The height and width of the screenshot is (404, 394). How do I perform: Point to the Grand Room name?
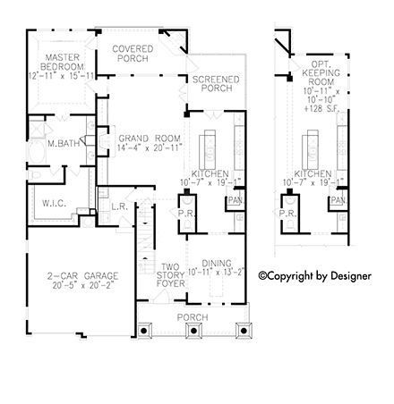click(x=144, y=139)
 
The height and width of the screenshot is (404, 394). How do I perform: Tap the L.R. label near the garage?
click(x=119, y=207)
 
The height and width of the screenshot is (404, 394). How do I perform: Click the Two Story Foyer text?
click(x=171, y=274)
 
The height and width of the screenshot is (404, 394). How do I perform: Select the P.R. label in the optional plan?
click(x=288, y=214)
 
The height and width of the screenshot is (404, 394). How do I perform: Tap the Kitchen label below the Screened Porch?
click(x=211, y=173)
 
